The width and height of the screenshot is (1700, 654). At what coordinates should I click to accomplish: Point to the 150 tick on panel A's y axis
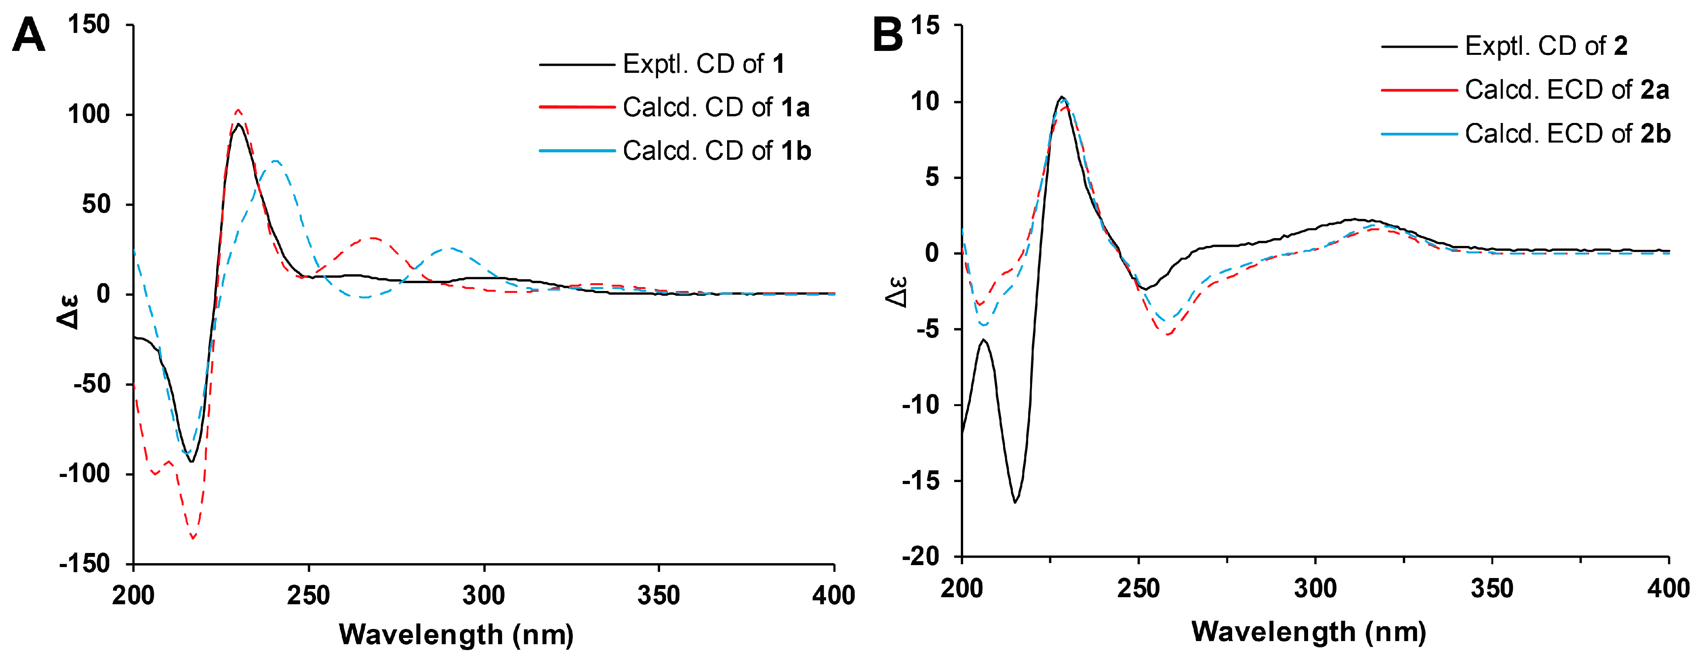[x=88, y=25]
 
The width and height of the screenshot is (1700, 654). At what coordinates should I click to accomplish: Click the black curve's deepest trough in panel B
[x=1015, y=502]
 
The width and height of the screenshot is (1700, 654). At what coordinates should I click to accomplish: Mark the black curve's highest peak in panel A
[x=238, y=124]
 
